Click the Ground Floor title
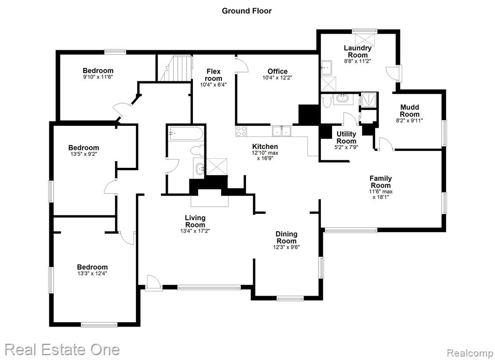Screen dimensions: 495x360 pos(247,11)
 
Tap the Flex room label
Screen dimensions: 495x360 pos(213,75)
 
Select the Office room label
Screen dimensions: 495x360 pos(277,72)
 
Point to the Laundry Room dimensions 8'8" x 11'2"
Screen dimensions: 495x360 pos(357,61)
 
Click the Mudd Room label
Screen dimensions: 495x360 pos(410,111)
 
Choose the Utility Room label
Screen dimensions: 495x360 pos(346,137)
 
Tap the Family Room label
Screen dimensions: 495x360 pos(381,182)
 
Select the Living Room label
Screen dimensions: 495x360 pos(195,221)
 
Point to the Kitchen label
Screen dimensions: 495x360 pos(265,146)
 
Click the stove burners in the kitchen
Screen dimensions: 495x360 pos(241,131)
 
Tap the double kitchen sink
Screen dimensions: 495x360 pos(282,131)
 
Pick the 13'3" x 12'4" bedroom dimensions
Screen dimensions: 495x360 pos(92,273)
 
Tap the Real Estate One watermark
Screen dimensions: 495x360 pos(62,350)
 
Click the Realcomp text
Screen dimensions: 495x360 pos(470,353)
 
